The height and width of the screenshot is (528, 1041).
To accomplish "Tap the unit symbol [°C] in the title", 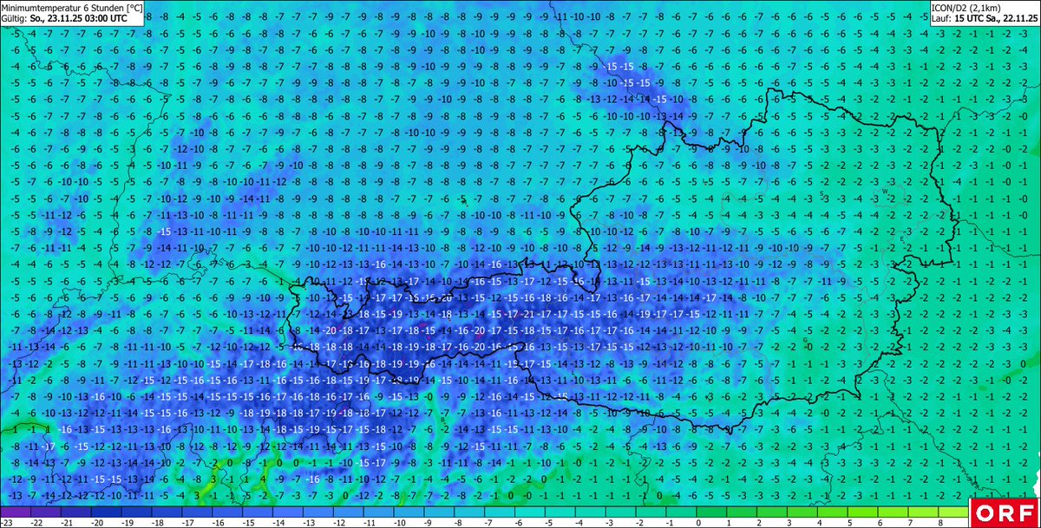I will [131, 6].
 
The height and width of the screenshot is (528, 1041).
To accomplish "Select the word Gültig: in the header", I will [15, 16].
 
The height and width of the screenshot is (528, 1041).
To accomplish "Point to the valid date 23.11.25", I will [67, 16].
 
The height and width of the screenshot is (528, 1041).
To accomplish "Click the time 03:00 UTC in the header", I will [108, 16].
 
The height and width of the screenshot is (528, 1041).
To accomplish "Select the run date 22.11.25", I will [1021, 16].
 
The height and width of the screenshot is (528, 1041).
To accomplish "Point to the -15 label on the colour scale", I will [249, 523].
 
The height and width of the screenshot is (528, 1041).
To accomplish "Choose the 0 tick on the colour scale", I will [699, 523].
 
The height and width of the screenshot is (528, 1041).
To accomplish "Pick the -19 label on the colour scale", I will [128, 523].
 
